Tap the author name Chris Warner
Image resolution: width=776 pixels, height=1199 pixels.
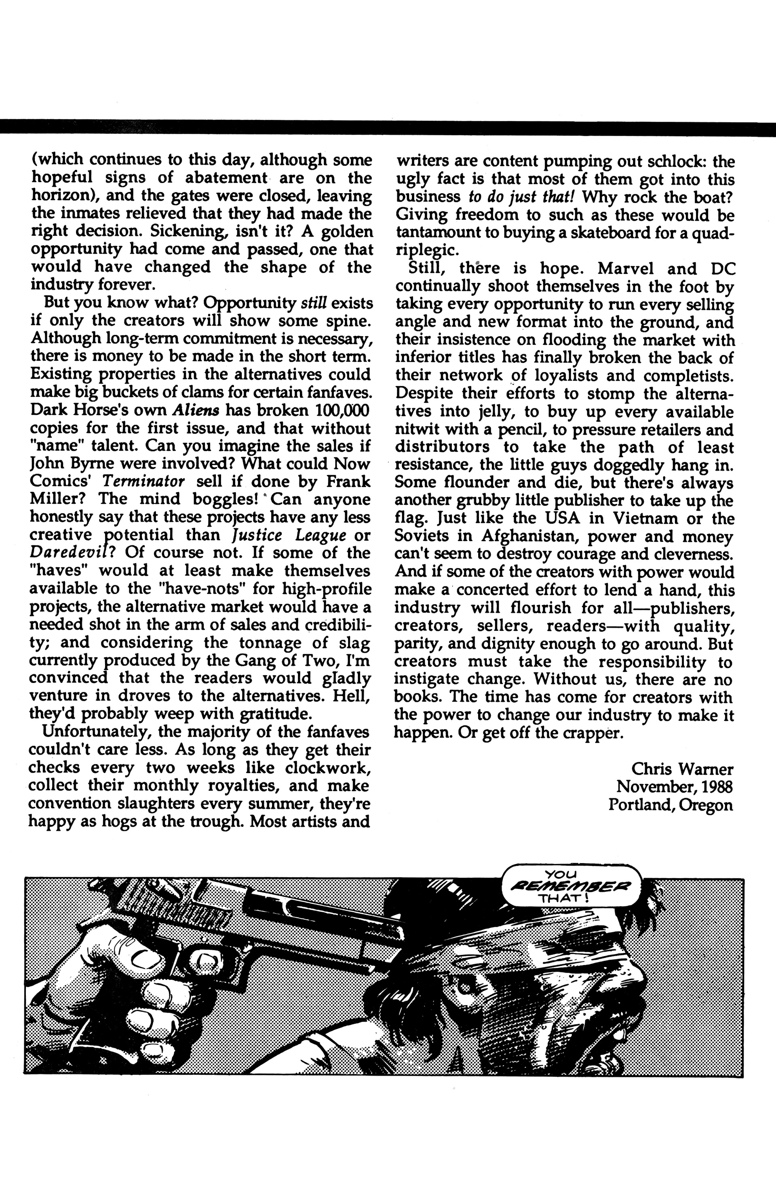click(x=682, y=769)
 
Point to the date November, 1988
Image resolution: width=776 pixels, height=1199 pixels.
click(x=675, y=786)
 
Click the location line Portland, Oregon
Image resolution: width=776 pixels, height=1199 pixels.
click(x=670, y=805)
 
